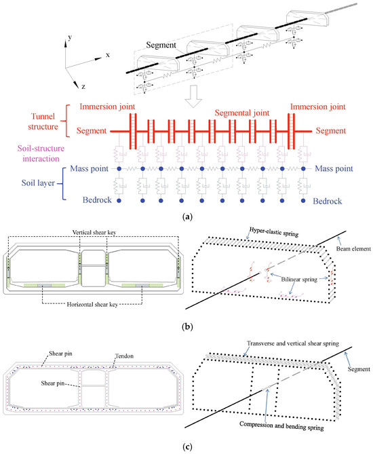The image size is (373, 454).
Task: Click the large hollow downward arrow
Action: tap(193, 96)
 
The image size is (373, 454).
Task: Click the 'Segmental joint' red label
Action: tap(242, 113)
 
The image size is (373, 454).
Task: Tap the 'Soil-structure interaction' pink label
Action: tap(41, 153)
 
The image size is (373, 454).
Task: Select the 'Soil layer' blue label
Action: tap(38, 183)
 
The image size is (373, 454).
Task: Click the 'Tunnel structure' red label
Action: tap(43, 121)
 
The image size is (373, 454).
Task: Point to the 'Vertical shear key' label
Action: tap(94, 232)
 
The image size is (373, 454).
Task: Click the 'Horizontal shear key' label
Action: tap(92, 304)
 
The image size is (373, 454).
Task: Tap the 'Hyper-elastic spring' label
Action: tap(274, 231)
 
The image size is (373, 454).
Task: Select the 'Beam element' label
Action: tap(353, 248)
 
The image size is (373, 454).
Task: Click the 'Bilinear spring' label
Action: tap(299, 280)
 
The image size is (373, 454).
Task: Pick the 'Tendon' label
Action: tap(124, 356)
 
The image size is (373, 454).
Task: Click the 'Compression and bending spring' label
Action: tap(281, 425)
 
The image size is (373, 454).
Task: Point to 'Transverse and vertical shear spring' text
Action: tap(293, 343)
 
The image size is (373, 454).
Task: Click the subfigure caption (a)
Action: tap(187, 217)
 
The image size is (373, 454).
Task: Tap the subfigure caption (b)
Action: tap(187, 327)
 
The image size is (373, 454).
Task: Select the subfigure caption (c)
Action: tap(187, 447)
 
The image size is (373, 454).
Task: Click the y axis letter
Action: tap(70, 37)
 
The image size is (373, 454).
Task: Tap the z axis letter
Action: tap(83, 87)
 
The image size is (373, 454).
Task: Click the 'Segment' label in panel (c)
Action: tap(359, 369)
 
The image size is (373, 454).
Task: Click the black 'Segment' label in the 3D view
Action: tap(161, 45)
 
